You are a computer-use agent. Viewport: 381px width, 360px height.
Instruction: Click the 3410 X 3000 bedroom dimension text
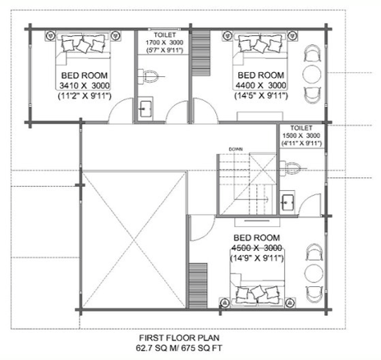85,85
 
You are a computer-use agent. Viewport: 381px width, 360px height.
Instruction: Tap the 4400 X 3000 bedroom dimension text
261,85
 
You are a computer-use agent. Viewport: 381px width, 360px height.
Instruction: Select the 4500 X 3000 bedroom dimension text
257,248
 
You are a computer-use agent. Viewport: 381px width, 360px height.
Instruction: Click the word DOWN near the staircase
236,149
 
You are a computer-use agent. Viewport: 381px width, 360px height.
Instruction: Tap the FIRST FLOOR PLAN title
179,338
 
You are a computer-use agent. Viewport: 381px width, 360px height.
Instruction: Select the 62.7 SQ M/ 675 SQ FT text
179,349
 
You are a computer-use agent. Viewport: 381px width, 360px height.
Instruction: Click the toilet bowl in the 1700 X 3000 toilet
149,76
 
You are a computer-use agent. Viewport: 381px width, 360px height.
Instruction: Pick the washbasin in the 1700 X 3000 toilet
145,109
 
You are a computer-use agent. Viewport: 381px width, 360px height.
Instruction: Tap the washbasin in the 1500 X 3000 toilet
287,203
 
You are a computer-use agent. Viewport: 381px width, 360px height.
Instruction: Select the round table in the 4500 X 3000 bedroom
314,273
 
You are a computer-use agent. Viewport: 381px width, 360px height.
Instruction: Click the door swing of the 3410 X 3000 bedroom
115,107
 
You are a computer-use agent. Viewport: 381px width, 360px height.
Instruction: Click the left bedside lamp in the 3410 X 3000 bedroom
50,36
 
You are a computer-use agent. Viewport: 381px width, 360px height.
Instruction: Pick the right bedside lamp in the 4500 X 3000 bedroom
290,303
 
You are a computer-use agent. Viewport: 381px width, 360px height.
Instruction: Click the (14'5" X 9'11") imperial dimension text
261,96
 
